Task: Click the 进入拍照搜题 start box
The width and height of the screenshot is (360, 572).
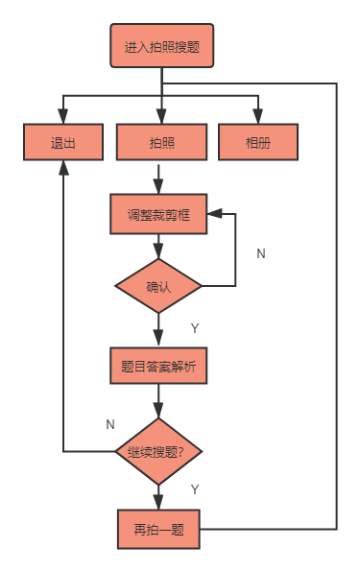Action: (162, 46)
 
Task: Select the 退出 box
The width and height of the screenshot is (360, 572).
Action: (62, 143)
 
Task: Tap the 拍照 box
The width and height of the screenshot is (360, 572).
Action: (161, 143)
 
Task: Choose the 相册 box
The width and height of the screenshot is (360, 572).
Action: (258, 143)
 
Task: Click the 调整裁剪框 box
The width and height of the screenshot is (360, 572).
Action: (159, 215)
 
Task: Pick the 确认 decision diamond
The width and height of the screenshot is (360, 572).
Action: (159, 286)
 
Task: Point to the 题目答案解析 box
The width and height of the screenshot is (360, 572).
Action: (159, 365)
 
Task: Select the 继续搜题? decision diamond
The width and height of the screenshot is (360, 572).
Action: (159, 451)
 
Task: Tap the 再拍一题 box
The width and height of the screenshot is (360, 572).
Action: (159, 529)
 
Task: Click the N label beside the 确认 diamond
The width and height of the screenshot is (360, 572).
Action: (261, 254)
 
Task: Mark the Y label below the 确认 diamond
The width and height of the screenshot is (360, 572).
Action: (195, 328)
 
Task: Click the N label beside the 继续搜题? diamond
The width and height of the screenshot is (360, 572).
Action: (109, 423)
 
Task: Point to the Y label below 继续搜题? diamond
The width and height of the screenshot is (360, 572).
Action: (195, 489)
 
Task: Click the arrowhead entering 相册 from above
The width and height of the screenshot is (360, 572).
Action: (258, 117)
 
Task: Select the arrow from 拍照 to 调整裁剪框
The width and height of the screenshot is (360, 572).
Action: (159, 178)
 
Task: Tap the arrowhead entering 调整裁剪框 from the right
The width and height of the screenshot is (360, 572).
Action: (216, 215)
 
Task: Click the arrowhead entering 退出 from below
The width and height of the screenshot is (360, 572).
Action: (63, 169)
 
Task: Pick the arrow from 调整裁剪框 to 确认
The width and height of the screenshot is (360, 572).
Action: (159, 247)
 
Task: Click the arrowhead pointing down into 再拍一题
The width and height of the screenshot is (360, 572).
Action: (159, 501)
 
